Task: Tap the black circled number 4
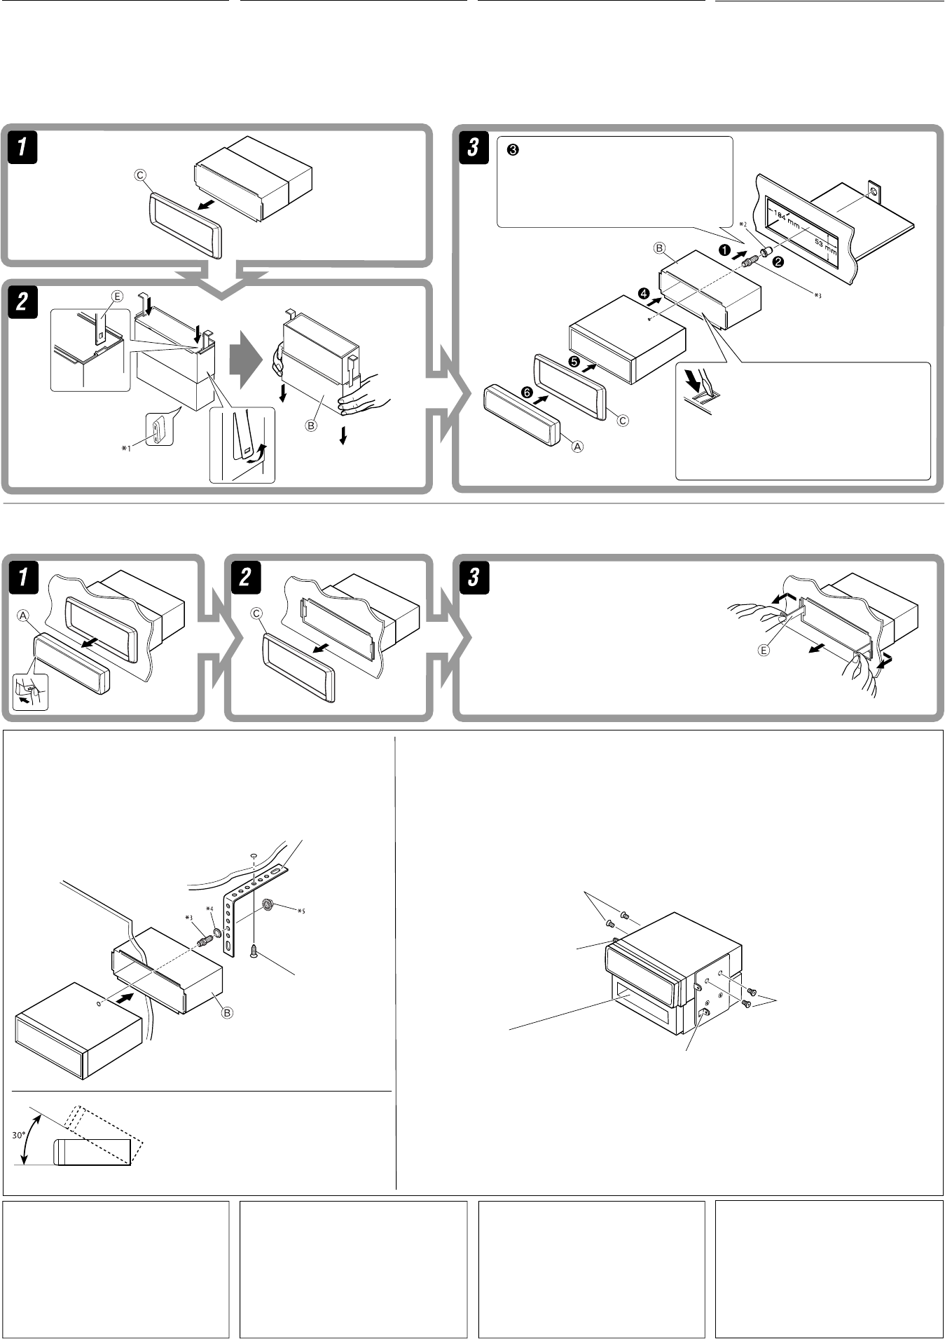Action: (x=644, y=294)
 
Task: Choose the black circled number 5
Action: (x=574, y=362)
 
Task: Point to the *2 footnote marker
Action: (x=743, y=224)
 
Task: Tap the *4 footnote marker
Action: (x=209, y=909)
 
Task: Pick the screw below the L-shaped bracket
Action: (x=254, y=949)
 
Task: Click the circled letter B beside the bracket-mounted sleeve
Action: (x=228, y=1012)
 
